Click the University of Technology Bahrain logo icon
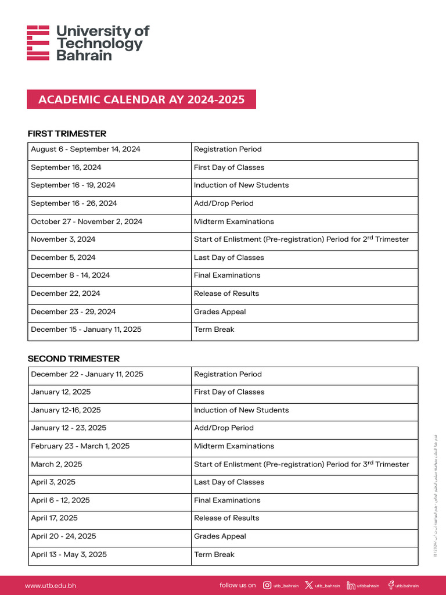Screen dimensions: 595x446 tap(38, 42)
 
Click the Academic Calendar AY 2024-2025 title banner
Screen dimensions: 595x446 tap(141, 99)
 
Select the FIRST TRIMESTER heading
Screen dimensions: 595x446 tap(67, 134)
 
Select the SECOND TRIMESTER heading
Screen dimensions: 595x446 tap(74, 359)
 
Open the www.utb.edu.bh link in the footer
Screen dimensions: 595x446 tap(51, 586)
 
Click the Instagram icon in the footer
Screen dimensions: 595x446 tap(267, 585)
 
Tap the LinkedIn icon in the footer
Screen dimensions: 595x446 tap(351, 585)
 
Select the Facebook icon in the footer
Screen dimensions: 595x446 tap(391, 585)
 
